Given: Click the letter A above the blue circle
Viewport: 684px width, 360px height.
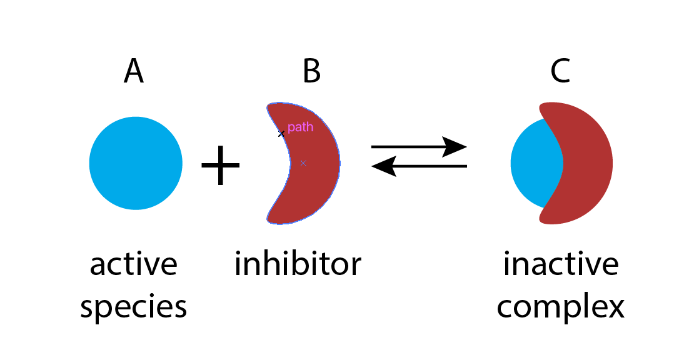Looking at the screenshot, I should pyautogui.click(x=134, y=71).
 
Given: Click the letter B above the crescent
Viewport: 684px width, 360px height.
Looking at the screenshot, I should pyautogui.click(x=311, y=71).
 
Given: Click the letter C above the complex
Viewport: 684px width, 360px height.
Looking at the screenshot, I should pyautogui.click(x=560, y=71).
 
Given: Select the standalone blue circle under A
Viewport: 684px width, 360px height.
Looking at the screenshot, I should pyautogui.click(x=136, y=163).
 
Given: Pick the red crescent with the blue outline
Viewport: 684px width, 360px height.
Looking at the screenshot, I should pyautogui.click(x=316, y=187).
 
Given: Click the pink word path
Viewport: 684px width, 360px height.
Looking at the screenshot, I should pyautogui.click(x=300, y=127).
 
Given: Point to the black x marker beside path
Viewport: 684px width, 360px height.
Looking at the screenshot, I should pyautogui.click(x=281, y=134).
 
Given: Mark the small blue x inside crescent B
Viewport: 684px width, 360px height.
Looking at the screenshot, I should pyautogui.click(x=303, y=163).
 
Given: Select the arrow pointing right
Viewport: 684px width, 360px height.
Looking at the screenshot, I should pyautogui.click(x=419, y=147).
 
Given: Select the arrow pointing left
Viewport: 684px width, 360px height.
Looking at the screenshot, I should pyautogui.click(x=419, y=166).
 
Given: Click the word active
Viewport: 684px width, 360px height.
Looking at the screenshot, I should pyautogui.click(x=134, y=264).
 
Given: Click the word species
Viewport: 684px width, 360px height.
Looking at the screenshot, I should pyautogui.click(x=134, y=307).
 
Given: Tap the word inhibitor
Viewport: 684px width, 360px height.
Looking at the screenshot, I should pyautogui.click(x=298, y=264).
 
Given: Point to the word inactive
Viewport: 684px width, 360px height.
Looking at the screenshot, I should pyautogui.click(x=561, y=264).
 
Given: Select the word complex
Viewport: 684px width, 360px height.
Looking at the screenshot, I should pyautogui.click(x=561, y=307).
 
